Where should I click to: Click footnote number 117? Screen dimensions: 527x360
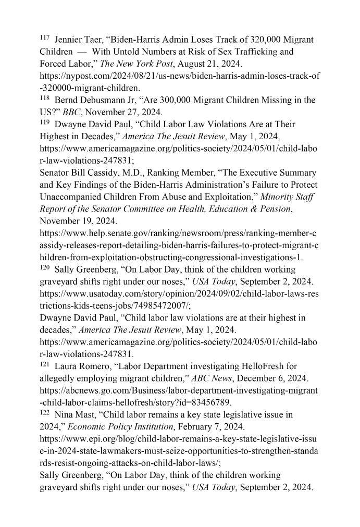pyautogui.click(x=44, y=38)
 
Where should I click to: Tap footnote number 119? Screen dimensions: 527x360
pyautogui.click(x=44, y=122)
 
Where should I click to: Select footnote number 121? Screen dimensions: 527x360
pyautogui.click(x=44, y=364)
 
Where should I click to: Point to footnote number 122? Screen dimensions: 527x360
pyautogui.click(x=44, y=413)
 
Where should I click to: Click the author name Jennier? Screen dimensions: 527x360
pyautogui.click(x=69, y=40)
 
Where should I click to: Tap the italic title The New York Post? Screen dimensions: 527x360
pyautogui.click(x=130, y=64)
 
